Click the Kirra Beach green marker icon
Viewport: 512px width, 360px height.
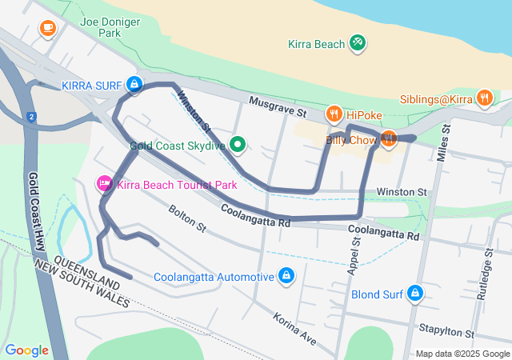click(x=358, y=43)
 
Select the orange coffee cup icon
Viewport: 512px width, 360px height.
click(x=47, y=28)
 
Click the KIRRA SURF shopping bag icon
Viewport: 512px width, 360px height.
click(x=134, y=84)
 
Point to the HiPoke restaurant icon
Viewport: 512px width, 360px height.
click(x=334, y=114)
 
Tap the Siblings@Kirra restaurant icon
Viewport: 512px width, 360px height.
click(x=484, y=98)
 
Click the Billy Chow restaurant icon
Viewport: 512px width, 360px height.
click(x=388, y=139)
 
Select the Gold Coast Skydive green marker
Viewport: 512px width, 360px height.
click(x=238, y=145)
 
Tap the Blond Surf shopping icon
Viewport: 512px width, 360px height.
click(x=414, y=294)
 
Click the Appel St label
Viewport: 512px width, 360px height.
click(x=354, y=256)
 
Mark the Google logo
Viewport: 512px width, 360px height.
click(x=26, y=350)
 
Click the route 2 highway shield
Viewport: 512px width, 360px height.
click(x=31, y=117)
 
